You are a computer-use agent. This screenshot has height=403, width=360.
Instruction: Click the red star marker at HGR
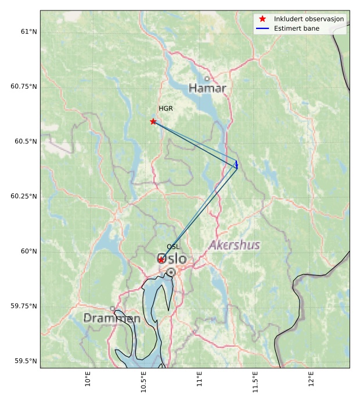[153, 121]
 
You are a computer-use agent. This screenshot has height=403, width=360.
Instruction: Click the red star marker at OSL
[161, 260]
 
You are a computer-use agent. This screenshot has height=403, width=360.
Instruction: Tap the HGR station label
[166, 109]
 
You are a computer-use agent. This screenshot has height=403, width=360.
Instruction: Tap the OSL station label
[173, 247]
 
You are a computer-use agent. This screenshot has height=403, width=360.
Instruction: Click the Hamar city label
[207, 88]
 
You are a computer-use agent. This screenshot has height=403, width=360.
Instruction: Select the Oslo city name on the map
[172, 259]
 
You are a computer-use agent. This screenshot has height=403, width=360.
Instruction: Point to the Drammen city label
[112, 319]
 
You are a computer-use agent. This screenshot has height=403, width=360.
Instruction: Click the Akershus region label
[234, 245]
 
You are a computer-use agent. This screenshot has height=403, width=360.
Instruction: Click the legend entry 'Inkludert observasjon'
[309, 19]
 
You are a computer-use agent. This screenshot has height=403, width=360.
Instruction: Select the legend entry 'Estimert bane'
[297, 28]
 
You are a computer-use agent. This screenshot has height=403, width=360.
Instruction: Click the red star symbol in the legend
[262, 19]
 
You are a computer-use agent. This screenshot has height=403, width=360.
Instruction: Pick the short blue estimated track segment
[236, 164]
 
